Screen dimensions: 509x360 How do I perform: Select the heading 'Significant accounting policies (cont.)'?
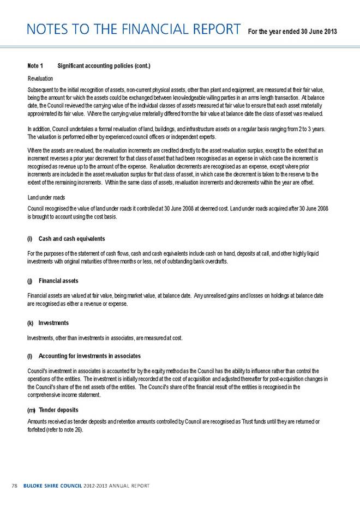104,66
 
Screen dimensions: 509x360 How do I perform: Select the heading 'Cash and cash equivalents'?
71,239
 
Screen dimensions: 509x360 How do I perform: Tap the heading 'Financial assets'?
58,281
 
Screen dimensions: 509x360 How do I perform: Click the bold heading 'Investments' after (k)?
53,323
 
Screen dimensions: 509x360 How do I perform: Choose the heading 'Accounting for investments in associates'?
90,356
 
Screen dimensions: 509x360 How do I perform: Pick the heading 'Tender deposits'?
58,410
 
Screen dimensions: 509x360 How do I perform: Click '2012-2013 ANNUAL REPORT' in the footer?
118,485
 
